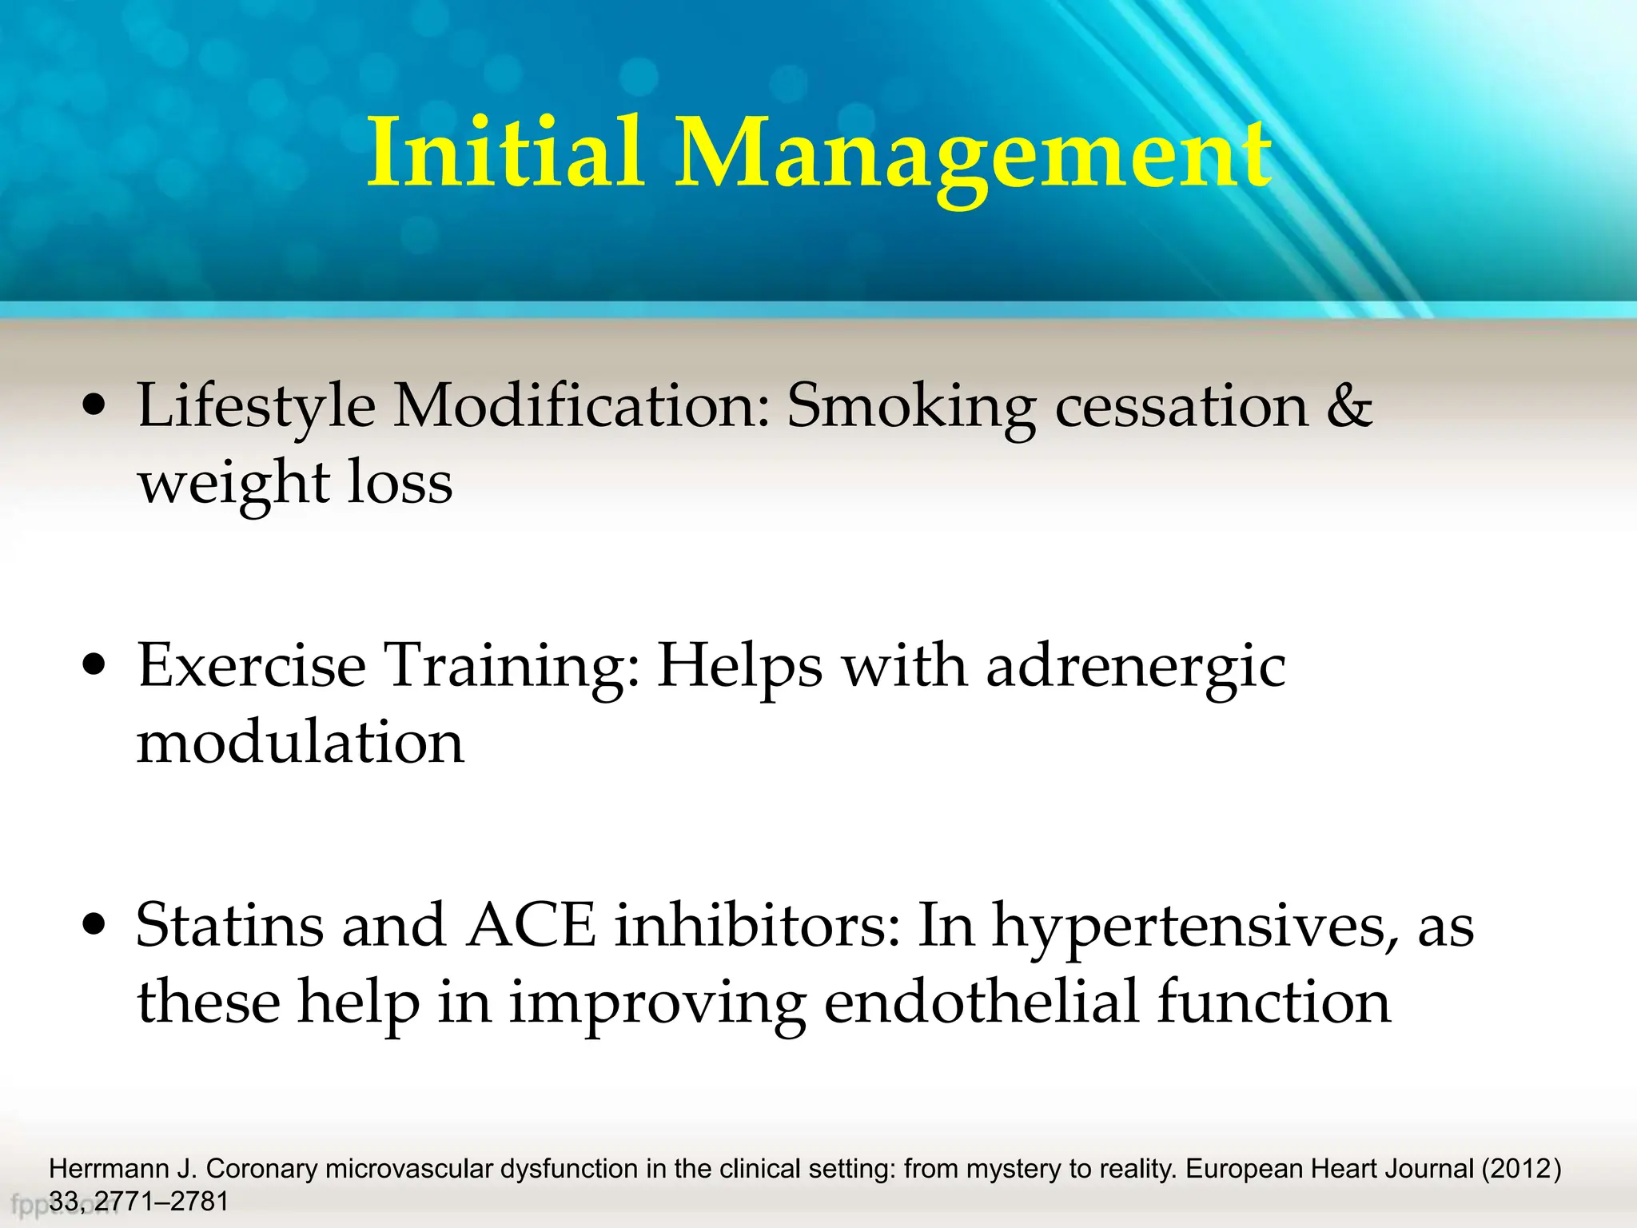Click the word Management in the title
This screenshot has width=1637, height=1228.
click(973, 156)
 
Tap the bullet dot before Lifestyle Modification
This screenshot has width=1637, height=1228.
click(94, 406)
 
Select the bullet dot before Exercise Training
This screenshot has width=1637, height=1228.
click(94, 665)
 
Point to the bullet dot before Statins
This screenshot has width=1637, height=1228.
click(94, 925)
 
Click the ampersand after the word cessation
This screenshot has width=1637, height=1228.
click(1349, 406)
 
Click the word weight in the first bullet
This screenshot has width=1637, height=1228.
click(233, 484)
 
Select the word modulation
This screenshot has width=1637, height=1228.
click(301, 742)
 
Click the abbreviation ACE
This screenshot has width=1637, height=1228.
click(532, 925)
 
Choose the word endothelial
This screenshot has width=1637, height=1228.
click(981, 1001)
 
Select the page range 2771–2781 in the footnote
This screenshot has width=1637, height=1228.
click(161, 1202)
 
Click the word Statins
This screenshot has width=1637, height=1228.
click(230, 925)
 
